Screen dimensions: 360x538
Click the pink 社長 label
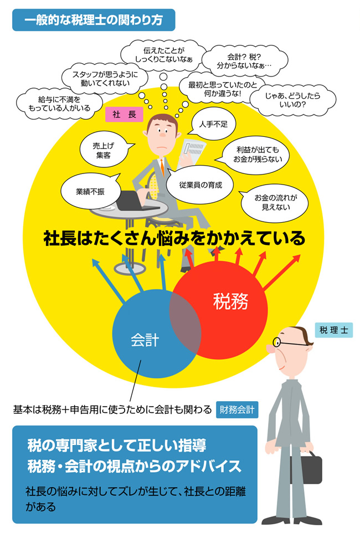coord(124,114)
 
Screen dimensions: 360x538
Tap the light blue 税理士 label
coord(334,330)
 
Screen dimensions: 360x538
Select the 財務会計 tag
coord(237,409)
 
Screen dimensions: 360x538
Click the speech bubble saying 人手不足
coord(213,124)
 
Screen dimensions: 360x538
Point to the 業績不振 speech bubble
coord(91,191)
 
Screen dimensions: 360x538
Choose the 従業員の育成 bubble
coord(200,185)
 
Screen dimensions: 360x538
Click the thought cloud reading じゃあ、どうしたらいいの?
coord(292,100)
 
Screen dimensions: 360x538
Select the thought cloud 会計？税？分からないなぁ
coord(244,61)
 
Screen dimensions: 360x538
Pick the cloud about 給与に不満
coord(59,104)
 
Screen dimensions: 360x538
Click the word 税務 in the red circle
coord(230,301)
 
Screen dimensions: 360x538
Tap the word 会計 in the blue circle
coord(145,340)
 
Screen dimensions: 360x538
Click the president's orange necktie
coord(162,167)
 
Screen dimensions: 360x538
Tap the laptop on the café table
coord(133,201)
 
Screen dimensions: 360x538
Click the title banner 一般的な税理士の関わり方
coord(94,20)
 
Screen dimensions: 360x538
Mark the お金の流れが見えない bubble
coord(275,203)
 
